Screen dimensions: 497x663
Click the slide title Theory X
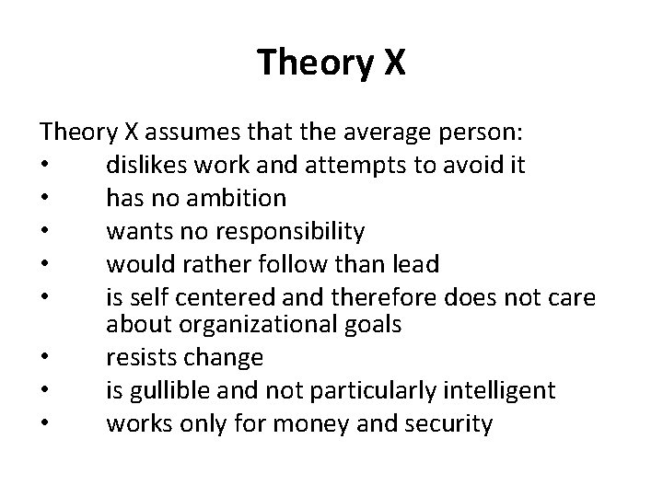331,63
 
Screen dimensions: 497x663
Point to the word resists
141,357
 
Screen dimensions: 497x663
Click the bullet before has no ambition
45,199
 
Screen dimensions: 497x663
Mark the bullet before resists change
45,358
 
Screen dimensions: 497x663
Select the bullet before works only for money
45,422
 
